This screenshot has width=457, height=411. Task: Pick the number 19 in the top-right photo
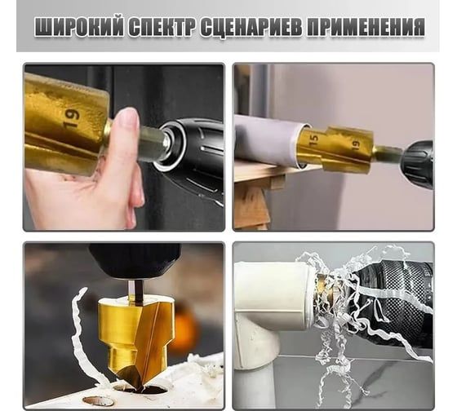tap(356, 145)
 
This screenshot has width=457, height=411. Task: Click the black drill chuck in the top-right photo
tap(418, 160)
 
